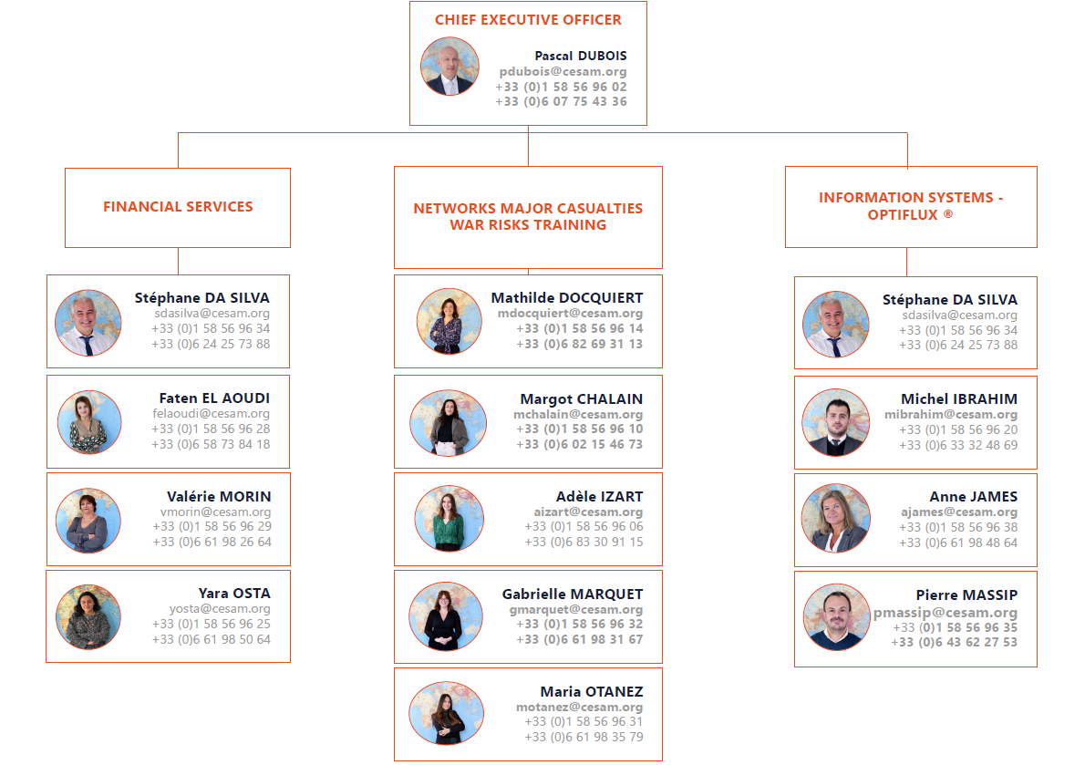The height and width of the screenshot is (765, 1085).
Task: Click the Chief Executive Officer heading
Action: [528, 20]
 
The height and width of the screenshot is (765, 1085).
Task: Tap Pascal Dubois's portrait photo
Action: [449, 67]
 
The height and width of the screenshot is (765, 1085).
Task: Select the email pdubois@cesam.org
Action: [563, 71]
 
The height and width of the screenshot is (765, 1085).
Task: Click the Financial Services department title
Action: [178, 207]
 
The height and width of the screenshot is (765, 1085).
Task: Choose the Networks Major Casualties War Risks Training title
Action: [528, 217]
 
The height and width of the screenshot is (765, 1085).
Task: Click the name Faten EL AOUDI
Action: [214, 398]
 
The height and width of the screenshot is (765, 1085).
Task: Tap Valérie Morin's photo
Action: [88, 521]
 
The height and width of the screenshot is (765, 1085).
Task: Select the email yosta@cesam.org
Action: [220, 609]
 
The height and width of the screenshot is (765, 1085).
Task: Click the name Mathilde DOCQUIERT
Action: [566, 298]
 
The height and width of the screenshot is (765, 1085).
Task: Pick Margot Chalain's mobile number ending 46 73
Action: [579, 445]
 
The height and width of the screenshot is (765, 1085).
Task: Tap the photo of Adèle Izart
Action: [449, 519]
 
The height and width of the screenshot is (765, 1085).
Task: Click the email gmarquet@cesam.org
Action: [576, 610]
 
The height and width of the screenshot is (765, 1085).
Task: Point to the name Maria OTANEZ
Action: [591, 692]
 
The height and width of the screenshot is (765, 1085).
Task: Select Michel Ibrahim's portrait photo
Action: [835, 423]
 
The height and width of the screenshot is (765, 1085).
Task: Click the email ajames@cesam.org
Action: [958, 512]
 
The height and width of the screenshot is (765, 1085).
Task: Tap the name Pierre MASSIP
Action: [966, 595]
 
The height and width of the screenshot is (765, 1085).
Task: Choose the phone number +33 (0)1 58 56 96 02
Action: [561, 87]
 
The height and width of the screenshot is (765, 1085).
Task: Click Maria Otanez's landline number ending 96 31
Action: [584, 722]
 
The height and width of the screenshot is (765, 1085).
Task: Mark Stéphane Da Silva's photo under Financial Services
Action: [88, 323]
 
